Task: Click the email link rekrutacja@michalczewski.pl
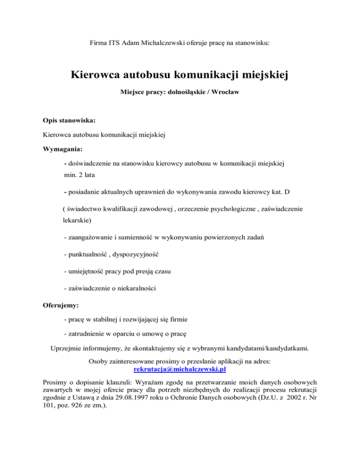click(180, 368)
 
